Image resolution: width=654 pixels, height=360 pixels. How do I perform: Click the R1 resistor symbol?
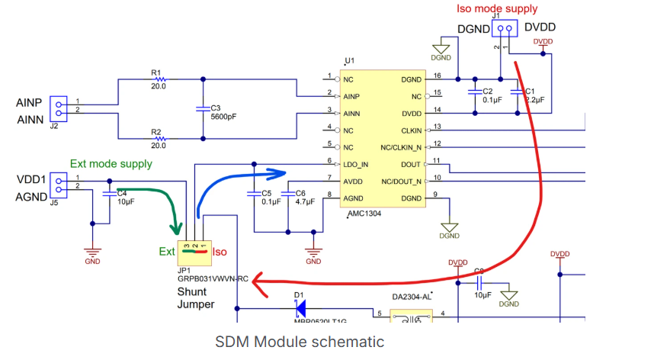pos(159,79)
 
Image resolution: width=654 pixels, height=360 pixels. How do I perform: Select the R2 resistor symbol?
pos(159,138)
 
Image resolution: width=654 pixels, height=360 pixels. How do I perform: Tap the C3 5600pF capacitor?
pos(202,108)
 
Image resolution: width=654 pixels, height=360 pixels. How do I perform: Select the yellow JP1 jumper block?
pos(195,249)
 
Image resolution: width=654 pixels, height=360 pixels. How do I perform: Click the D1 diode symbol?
pos(300,309)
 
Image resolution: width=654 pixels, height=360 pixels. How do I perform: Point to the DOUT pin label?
pos(410,165)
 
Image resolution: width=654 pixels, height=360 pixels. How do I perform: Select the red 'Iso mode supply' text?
pos(496,9)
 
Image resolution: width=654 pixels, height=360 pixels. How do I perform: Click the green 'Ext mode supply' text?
pos(111,163)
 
